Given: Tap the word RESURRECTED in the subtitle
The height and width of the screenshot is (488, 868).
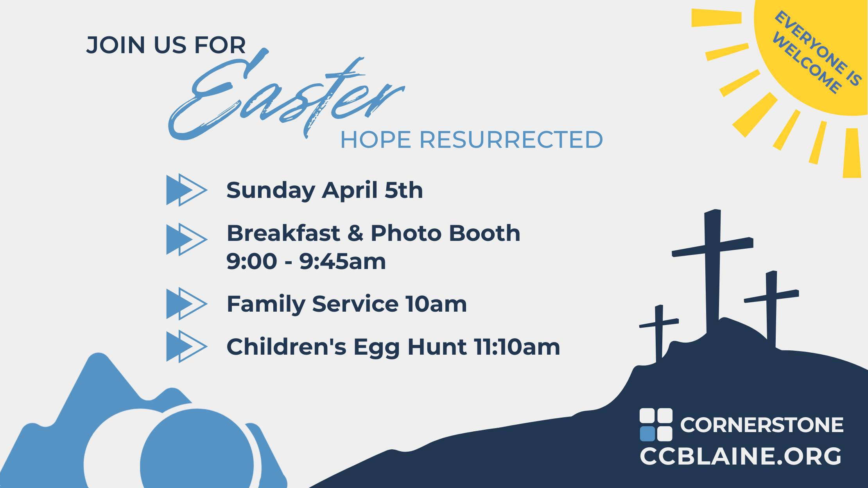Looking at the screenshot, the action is point(511,140).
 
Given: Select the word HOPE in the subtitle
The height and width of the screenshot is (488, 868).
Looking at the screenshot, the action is point(376,140).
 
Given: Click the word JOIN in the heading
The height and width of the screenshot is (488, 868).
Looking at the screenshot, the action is point(116,45).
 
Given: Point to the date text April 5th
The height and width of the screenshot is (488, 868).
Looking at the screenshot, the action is point(372,190).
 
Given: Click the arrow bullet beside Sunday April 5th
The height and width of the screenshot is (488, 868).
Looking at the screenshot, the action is point(187,190).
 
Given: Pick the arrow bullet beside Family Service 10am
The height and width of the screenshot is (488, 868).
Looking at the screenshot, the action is point(187,304).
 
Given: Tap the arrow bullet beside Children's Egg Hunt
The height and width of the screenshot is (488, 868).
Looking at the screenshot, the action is point(187,346).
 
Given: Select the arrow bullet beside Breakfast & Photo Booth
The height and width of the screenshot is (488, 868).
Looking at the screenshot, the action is point(187,239).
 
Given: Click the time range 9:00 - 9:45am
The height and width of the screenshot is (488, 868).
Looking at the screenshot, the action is point(306,261).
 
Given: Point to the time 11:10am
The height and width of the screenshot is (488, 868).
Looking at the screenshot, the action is point(517,347).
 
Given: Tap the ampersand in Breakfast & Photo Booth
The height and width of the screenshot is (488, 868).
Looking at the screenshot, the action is point(355,233).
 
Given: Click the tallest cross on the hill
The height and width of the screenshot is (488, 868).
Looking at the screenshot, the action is point(712,270).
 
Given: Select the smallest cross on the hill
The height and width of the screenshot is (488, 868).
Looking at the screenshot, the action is point(659,332).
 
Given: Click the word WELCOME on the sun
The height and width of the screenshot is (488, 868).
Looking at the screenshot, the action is point(807,63).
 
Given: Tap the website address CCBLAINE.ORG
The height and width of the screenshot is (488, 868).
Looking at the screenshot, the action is point(741,456).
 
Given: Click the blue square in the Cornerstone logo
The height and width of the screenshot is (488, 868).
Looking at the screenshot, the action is point(647,434).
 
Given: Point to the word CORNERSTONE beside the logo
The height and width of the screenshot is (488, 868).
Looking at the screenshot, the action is point(762,425).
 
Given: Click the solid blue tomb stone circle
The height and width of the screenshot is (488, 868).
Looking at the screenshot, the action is point(197,450).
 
